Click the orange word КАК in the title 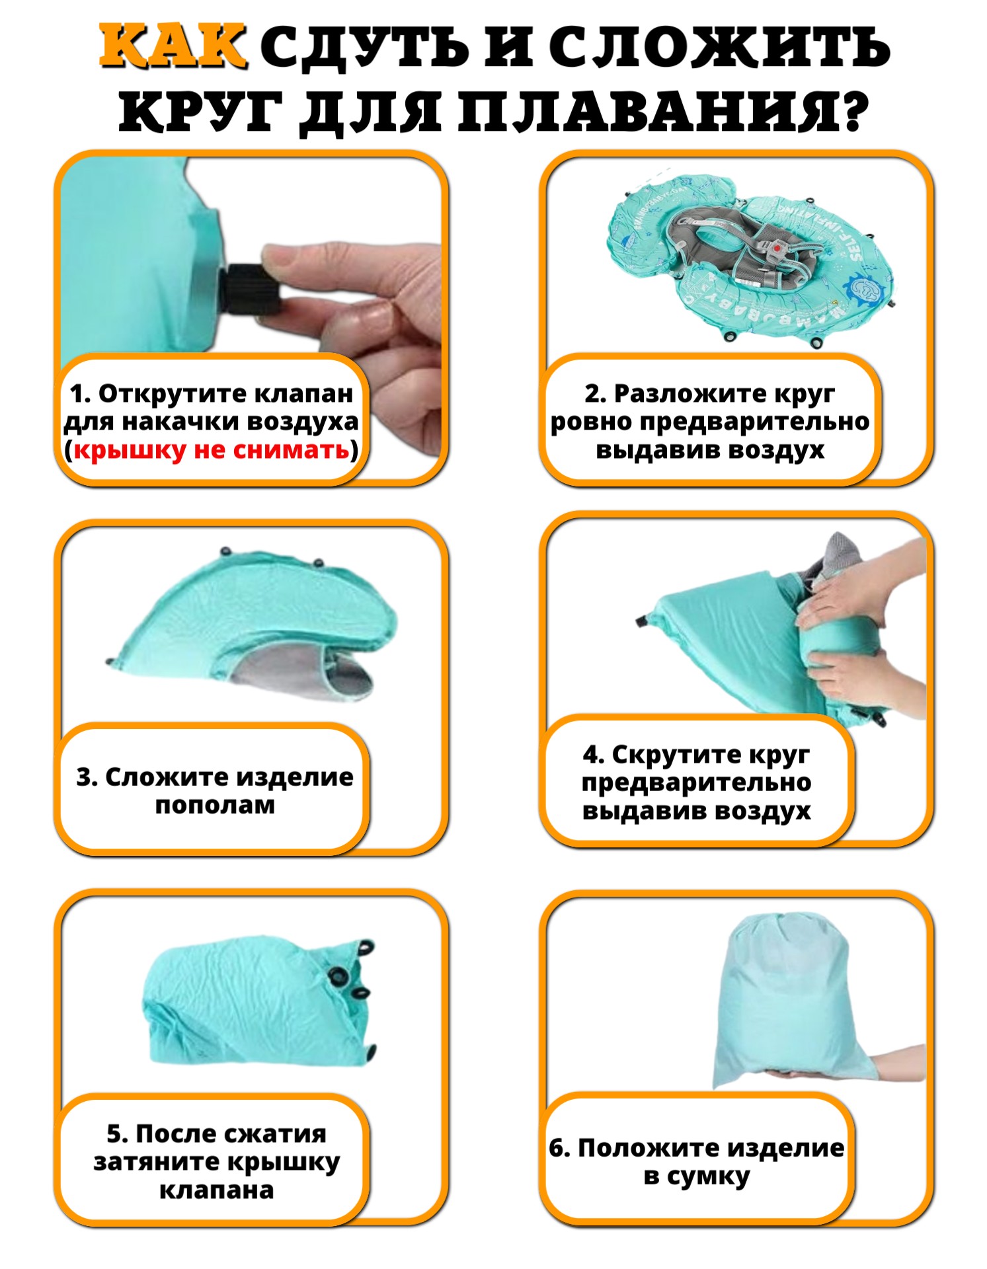coord(173,47)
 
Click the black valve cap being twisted coord(251,289)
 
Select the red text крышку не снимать coord(211,450)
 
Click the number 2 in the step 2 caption coord(592,394)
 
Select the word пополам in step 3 coord(215,805)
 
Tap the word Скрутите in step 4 coord(672,754)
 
